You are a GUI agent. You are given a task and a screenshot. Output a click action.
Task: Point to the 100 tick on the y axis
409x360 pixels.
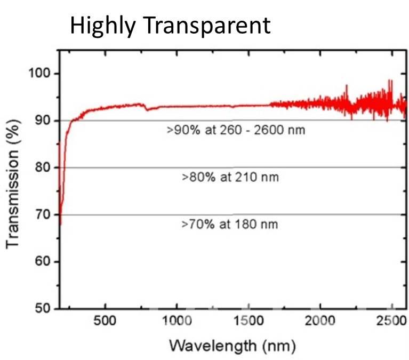38,74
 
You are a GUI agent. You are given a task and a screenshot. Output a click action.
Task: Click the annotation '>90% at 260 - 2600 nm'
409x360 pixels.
235,130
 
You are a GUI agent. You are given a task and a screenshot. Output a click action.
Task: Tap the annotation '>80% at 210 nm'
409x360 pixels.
230,177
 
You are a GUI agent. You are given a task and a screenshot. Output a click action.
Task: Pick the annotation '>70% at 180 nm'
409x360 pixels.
230,224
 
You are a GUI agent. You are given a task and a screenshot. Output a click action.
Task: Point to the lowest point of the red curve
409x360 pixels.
60,224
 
